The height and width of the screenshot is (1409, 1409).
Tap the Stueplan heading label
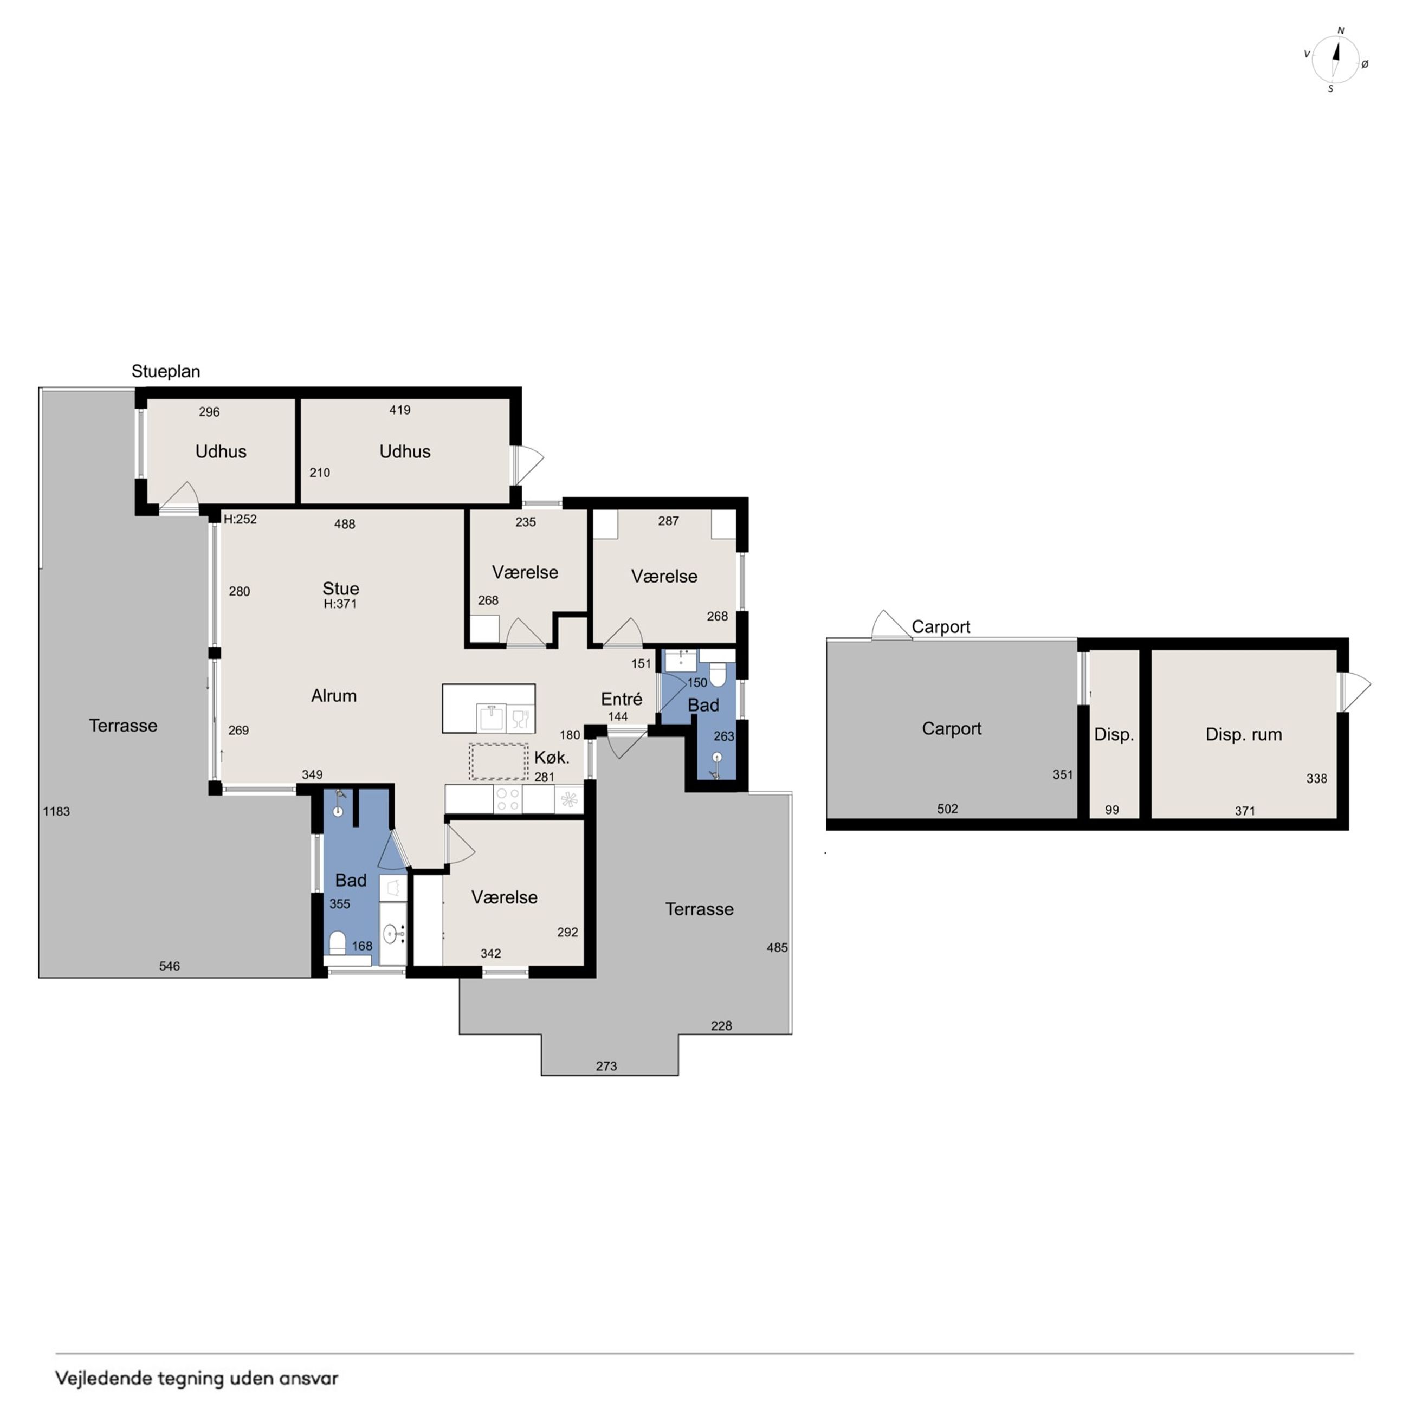[x=165, y=371]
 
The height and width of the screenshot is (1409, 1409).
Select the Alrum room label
[x=334, y=696]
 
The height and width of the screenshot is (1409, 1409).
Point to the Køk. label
[x=551, y=757]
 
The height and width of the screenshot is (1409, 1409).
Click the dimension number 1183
[x=56, y=811]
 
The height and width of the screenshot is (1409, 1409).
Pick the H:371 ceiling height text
[x=340, y=604]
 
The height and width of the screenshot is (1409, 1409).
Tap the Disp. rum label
[x=1244, y=734]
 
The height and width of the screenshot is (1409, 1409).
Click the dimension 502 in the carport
[x=947, y=808]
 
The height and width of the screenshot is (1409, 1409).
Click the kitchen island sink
[x=492, y=718]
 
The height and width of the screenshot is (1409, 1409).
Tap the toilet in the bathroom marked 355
[x=337, y=942]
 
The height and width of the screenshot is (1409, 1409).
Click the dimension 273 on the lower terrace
[x=606, y=1066]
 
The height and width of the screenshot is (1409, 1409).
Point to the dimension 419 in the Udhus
[x=399, y=410]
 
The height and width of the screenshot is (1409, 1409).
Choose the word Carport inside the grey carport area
[x=951, y=728]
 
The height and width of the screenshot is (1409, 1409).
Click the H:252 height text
[x=240, y=519]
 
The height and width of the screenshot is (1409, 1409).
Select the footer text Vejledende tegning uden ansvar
[x=197, y=1378]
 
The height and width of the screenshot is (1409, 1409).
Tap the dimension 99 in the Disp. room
[x=1111, y=810]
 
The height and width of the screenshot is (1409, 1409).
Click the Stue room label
[x=340, y=588]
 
